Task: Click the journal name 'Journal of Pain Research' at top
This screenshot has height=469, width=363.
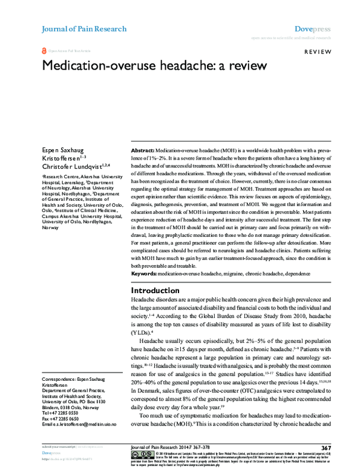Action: click(x=83, y=29)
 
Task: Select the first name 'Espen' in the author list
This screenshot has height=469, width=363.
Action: click(x=52, y=149)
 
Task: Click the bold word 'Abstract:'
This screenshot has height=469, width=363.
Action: click(x=143, y=149)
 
